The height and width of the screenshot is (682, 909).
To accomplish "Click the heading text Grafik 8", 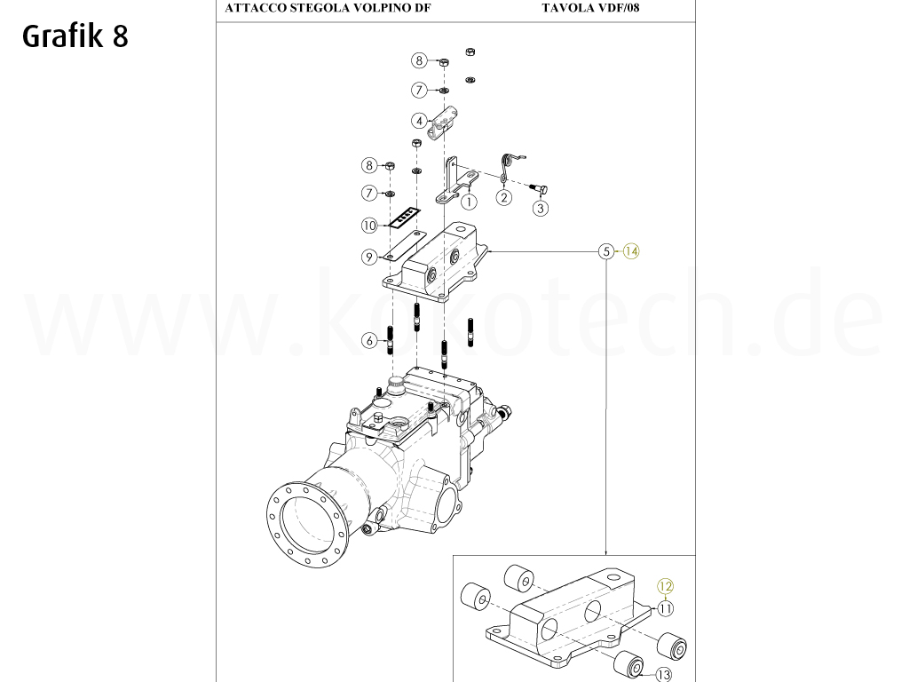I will coord(75,36).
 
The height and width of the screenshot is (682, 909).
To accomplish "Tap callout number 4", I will coord(418,120).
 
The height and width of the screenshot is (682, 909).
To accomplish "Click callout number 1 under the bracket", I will coord(469,202).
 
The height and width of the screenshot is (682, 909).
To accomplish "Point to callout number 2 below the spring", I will coord(503,197).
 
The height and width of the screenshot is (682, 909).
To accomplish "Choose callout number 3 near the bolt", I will coord(540,209).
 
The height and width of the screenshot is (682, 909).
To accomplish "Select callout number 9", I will coord(369,257).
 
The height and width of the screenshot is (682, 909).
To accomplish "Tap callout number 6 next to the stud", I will coord(369,339).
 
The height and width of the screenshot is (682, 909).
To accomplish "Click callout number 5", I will coord(606,251).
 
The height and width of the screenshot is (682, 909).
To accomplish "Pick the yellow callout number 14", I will coord(630,251).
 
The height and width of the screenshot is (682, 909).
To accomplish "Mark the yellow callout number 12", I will coord(665,586).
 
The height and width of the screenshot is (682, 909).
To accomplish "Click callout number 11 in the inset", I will coord(665,608).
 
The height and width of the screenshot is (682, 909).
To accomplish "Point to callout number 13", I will coord(664,674).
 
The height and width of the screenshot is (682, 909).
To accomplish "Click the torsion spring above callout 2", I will coord(511,165).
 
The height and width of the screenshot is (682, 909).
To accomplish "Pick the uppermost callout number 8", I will coord(419,60).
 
